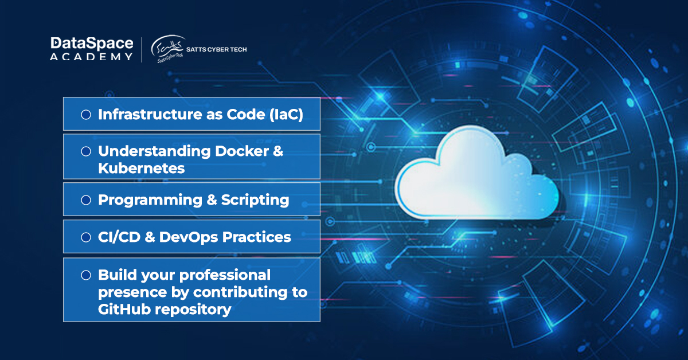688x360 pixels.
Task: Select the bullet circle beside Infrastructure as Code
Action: (x=86, y=115)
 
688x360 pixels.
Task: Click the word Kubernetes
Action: (x=141, y=169)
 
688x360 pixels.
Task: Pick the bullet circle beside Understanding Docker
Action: (x=86, y=151)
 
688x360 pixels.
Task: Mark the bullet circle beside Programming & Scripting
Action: (x=86, y=200)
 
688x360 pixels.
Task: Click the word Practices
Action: (x=259, y=237)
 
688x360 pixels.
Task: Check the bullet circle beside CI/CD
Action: (x=86, y=237)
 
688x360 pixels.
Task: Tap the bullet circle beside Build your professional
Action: (x=86, y=275)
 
